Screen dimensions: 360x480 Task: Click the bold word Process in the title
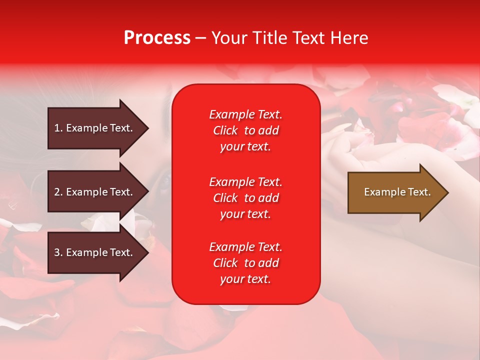click(x=157, y=38)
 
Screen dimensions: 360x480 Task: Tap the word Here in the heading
click(x=349, y=38)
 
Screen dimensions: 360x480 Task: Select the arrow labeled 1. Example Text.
click(x=95, y=128)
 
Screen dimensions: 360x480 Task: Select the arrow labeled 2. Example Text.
click(x=95, y=192)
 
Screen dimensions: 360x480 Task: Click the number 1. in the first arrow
click(x=58, y=128)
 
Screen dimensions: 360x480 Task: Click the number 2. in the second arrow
click(x=58, y=192)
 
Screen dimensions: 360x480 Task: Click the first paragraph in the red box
click(x=245, y=130)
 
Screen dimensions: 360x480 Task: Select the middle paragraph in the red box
click(x=245, y=198)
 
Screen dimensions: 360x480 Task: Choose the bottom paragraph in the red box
click(x=245, y=263)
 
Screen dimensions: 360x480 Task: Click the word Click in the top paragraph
click(x=225, y=130)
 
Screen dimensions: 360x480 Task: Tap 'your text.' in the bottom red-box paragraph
click(x=245, y=279)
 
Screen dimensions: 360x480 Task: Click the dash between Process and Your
click(x=200, y=38)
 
